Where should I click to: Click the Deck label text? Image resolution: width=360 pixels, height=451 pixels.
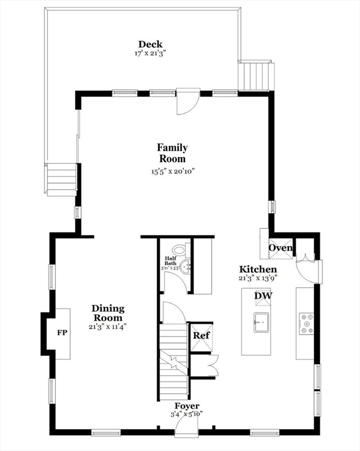[x=150, y=44]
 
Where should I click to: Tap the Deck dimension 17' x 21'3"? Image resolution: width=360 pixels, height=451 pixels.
[x=150, y=53]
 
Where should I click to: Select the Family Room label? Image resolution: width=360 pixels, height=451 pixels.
[x=172, y=153]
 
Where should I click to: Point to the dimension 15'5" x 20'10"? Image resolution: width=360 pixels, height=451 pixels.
[x=172, y=171]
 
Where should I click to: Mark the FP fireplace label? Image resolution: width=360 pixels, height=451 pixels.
[x=62, y=333]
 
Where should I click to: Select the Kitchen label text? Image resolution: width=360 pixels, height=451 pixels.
[x=257, y=269]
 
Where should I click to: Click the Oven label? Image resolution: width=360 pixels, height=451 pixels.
[x=280, y=248]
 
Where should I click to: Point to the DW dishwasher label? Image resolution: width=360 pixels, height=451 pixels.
[x=263, y=296]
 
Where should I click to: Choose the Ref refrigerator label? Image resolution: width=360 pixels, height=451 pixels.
[x=200, y=336]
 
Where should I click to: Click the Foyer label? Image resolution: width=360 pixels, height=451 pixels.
[x=187, y=406]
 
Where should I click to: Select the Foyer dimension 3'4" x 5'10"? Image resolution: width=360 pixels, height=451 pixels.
[x=187, y=414]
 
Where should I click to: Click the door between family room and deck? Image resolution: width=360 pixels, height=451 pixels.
[x=189, y=101]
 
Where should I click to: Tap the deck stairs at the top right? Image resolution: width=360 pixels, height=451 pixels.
[x=256, y=75]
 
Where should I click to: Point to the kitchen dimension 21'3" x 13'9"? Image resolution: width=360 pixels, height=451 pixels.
[x=257, y=278]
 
